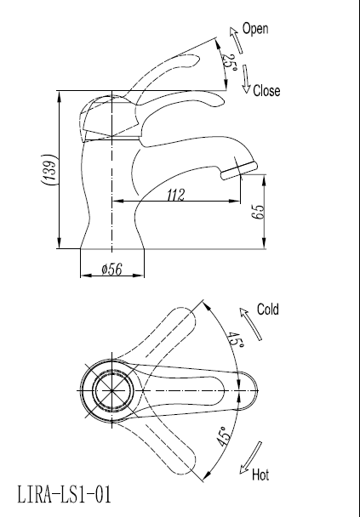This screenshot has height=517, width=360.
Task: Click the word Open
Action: pyautogui.click(x=255, y=29)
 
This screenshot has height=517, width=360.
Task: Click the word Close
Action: pyautogui.click(x=266, y=91)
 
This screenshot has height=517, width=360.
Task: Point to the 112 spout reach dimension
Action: pyautogui.click(x=175, y=195)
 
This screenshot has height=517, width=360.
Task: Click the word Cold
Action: pyautogui.click(x=268, y=310)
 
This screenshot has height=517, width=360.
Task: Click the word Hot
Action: pyautogui.click(x=260, y=474)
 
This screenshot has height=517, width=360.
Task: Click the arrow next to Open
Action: pyautogui.click(x=233, y=37)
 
